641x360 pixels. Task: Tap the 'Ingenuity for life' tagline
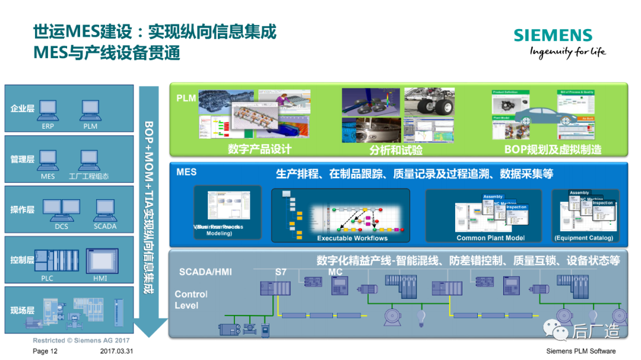567,52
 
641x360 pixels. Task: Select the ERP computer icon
48,109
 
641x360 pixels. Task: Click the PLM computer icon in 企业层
90,109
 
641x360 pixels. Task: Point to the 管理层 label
23,160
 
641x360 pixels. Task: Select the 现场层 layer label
23,310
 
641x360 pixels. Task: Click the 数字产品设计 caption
259,149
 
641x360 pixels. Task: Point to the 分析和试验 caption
396,150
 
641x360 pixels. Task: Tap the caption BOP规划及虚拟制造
552,149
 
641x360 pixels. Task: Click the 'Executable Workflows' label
352,238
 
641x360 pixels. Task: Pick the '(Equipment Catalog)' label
583,238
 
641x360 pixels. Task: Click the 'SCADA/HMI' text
205,272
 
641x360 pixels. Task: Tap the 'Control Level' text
191,300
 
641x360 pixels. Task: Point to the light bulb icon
423,315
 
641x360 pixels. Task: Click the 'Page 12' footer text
45,351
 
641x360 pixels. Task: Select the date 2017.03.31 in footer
117,351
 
